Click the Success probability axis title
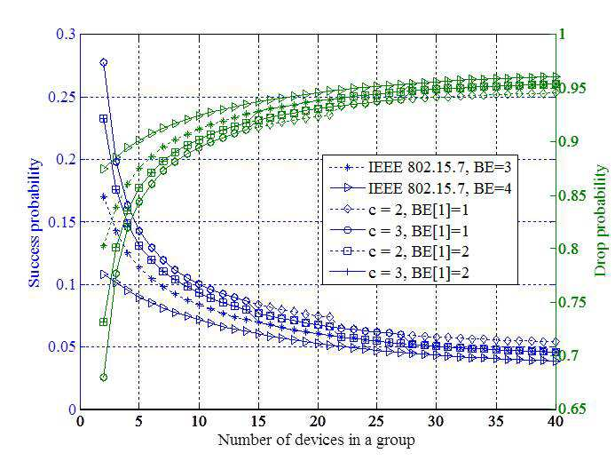click(35, 223)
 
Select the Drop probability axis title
click(601, 220)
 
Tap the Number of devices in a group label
click(316, 441)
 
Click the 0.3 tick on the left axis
click(66, 34)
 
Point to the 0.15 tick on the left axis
click(61, 222)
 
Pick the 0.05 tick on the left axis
click(61, 346)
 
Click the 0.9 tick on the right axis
click(569, 141)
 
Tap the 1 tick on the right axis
click(562, 34)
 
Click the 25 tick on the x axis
click(376, 421)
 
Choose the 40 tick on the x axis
click(555, 421)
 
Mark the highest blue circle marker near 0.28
click(104, 62)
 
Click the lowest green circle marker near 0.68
click(104, 378)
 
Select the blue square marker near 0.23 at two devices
click(104, 119)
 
